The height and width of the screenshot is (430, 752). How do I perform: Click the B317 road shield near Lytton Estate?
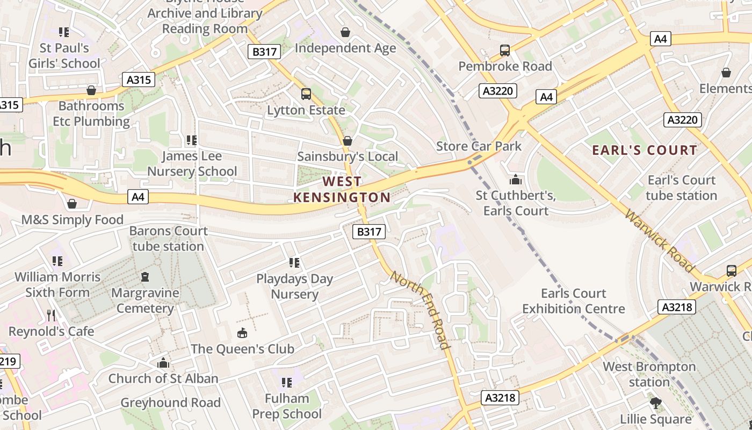(265, 52)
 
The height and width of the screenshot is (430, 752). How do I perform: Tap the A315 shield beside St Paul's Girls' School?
(139, 80)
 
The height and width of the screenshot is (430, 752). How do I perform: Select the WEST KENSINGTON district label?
(342, 189)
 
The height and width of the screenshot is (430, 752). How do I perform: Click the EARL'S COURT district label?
(645, 150)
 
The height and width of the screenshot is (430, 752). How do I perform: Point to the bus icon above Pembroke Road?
(505, 51)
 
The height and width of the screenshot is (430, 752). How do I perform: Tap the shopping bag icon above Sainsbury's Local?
(348, 141)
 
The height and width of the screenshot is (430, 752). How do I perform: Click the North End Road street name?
(420, 310)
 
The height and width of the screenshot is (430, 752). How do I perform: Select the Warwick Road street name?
(659, 240)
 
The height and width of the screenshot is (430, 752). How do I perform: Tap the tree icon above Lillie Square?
(655, 403)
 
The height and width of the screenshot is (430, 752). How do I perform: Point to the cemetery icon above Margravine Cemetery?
(144, 277)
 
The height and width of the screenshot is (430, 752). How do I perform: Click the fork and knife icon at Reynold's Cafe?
(51, 315)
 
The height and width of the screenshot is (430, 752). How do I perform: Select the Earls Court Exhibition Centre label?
(573, 301)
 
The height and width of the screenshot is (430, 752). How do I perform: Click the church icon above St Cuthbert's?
(516, 180)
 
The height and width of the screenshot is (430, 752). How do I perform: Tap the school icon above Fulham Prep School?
(287, 383)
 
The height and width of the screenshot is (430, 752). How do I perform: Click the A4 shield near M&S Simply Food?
(139, 197)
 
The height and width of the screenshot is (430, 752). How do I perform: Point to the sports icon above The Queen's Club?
(242, 333)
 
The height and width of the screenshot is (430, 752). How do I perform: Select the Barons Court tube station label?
(168, 239)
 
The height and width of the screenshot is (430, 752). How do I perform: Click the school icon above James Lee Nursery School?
(192, 140)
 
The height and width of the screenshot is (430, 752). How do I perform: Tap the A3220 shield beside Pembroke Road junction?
(497, 91)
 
